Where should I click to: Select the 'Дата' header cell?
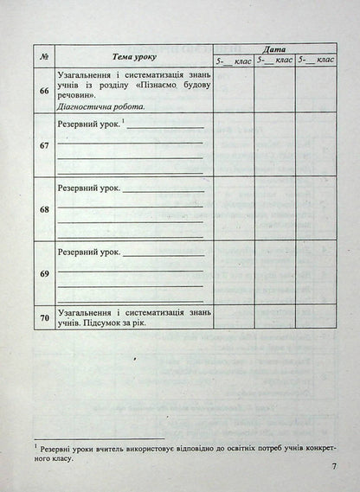273,49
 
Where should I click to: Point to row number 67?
43,144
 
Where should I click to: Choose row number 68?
43,208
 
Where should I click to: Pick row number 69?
43,272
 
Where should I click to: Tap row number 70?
43,316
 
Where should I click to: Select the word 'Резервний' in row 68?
79,187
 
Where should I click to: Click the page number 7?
334,468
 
